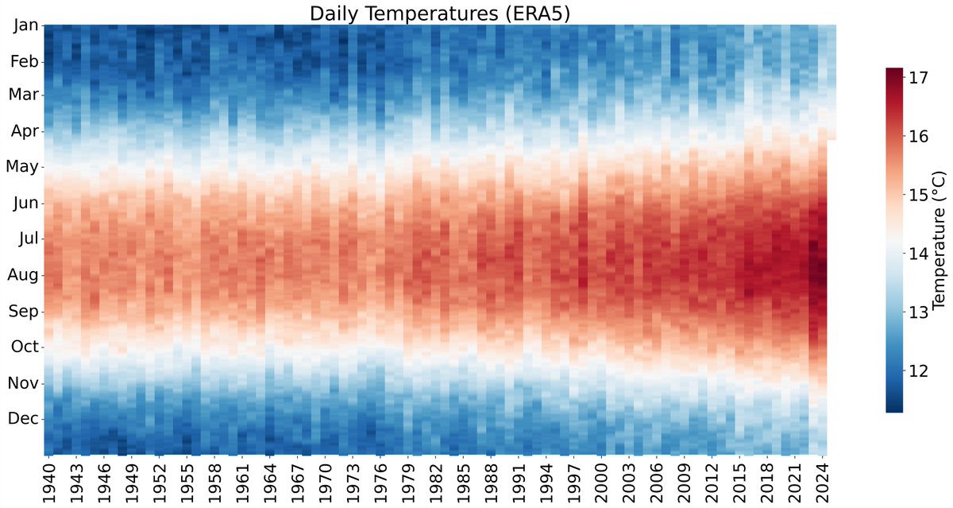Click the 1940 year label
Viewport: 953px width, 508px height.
[x=48, y=479]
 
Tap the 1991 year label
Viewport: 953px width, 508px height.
[x=521, y=479]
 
